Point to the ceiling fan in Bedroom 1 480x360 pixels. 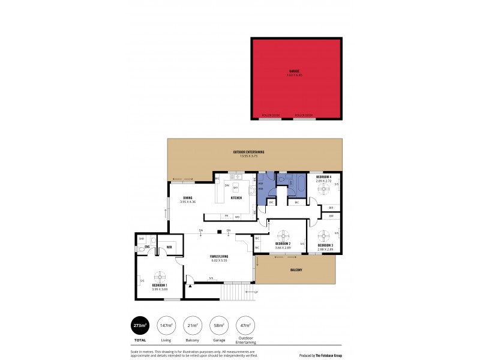[160, 277]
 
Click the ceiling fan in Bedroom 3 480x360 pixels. [324, 234]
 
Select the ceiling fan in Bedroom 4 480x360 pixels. [324, 189]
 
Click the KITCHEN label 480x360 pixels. [236, 197]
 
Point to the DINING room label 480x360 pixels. [188, 197]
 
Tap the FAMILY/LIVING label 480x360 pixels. [219, 256]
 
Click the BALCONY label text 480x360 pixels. [296, 270]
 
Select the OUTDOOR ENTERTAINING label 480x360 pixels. [248, 151]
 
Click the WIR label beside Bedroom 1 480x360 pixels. [169, 247]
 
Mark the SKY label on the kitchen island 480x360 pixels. [235, 188]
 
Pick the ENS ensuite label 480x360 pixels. [146, 247]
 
